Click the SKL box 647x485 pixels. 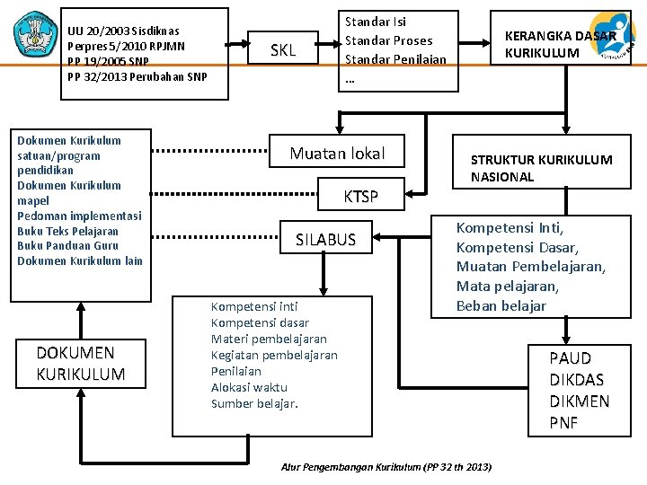tap(283, 50)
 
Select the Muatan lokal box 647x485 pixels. tap(337, 154)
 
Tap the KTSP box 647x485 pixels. tap(361, 197)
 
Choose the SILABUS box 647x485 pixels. tap(326, 240)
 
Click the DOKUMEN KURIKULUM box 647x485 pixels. tap(81, 363)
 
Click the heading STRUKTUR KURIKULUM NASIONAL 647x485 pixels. tap(541, 168)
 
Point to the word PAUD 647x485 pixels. tap(571, 358)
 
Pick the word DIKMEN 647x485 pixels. tap(580, 401)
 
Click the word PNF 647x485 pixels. tap(564, 423)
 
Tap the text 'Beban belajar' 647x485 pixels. tap(501, 306)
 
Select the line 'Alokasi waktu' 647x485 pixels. tap(249, 387)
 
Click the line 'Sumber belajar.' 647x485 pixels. tap(254, 403)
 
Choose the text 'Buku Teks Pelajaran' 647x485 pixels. tap(67, 231)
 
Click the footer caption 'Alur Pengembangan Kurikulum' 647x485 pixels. tap(386, 468)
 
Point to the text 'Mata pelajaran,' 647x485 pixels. tap(507, 287)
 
